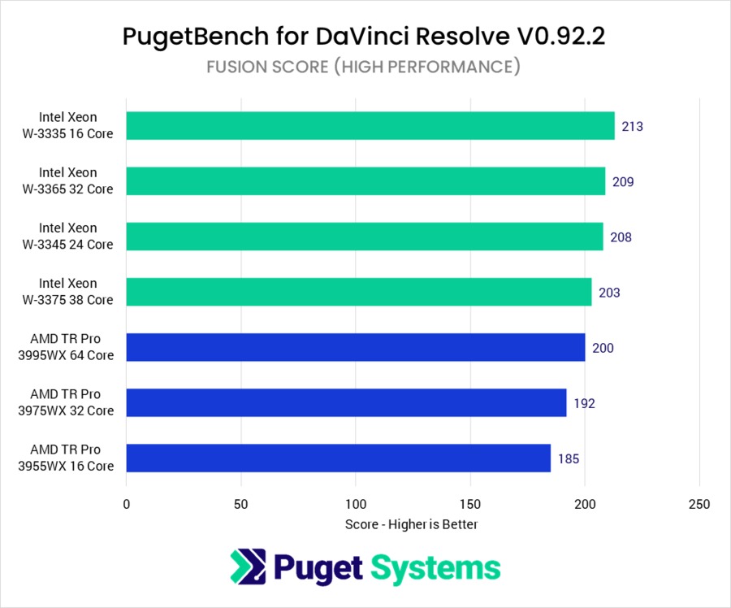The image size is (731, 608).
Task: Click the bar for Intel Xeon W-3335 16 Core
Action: (x=370, y=126)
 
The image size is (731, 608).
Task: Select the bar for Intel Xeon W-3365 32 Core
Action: (x=365, y=181)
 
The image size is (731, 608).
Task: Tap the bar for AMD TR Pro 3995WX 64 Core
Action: (x=355, y=347)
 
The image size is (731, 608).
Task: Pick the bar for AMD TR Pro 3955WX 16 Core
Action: (x=338, y=458)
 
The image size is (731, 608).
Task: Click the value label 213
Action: (x=632, y=127)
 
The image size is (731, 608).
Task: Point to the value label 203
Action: (x=609, y=293)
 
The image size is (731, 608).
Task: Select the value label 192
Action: (x=584, y=403)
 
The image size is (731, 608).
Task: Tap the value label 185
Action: (x=569, y=459)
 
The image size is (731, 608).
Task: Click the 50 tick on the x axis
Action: (x=241, y=504)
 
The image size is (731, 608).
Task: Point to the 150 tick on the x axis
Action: (x=470, y=504)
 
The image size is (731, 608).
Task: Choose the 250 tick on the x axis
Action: (x=699, y=504)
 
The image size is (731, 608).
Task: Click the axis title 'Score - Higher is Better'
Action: (x=412, y=525)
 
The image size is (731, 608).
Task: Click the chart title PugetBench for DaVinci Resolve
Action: (x=364, y=37)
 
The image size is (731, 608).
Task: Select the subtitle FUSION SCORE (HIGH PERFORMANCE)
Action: (x=363, y=67)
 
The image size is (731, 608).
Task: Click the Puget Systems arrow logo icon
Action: (x=247, y=567)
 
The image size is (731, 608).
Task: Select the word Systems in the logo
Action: (x=436, y=567)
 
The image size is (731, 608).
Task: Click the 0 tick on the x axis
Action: (x=127, y=504)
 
